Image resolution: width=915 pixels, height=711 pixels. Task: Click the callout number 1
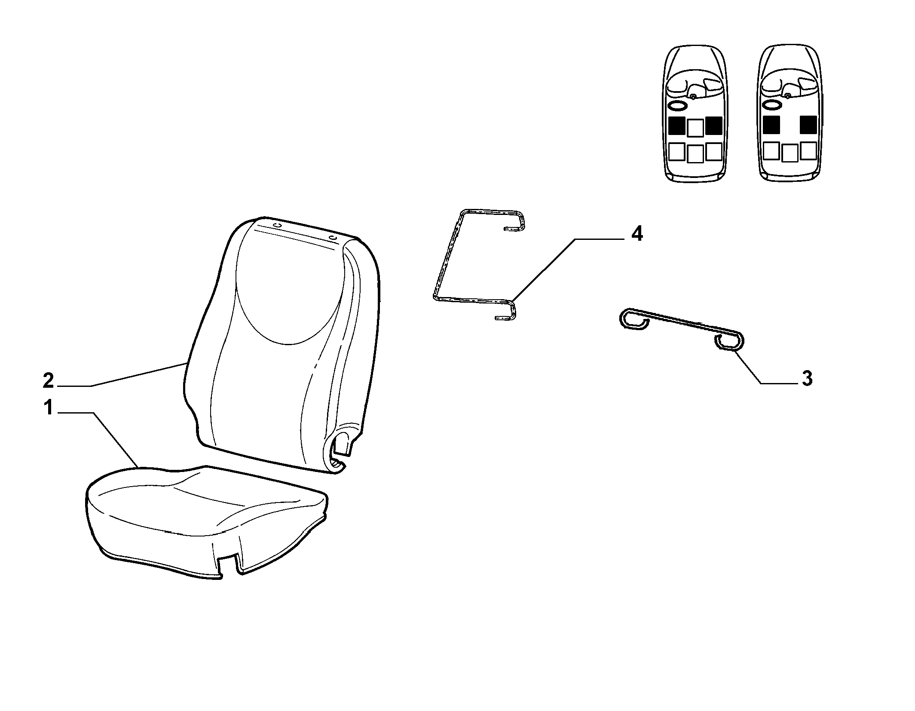pyautogui.click(x=48, y=408)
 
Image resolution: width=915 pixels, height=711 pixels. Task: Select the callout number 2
pyautogui.click(x=48, y=381)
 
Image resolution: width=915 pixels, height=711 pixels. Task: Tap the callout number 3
pyautogui.click(x=807, y=379)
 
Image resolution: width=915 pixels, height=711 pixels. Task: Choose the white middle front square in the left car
pyautogui.click(x=695, y=127)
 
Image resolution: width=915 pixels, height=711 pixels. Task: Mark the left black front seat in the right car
pyautogui.click(x=771, y=125)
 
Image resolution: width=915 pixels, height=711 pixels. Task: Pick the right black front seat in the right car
pyautogui.click(x=808, y=125)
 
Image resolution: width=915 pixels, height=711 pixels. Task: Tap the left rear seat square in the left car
pyautogui.click(x=676, y=151)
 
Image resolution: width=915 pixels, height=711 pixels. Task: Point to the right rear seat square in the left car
pyautogui.click(x=714, y=151)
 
